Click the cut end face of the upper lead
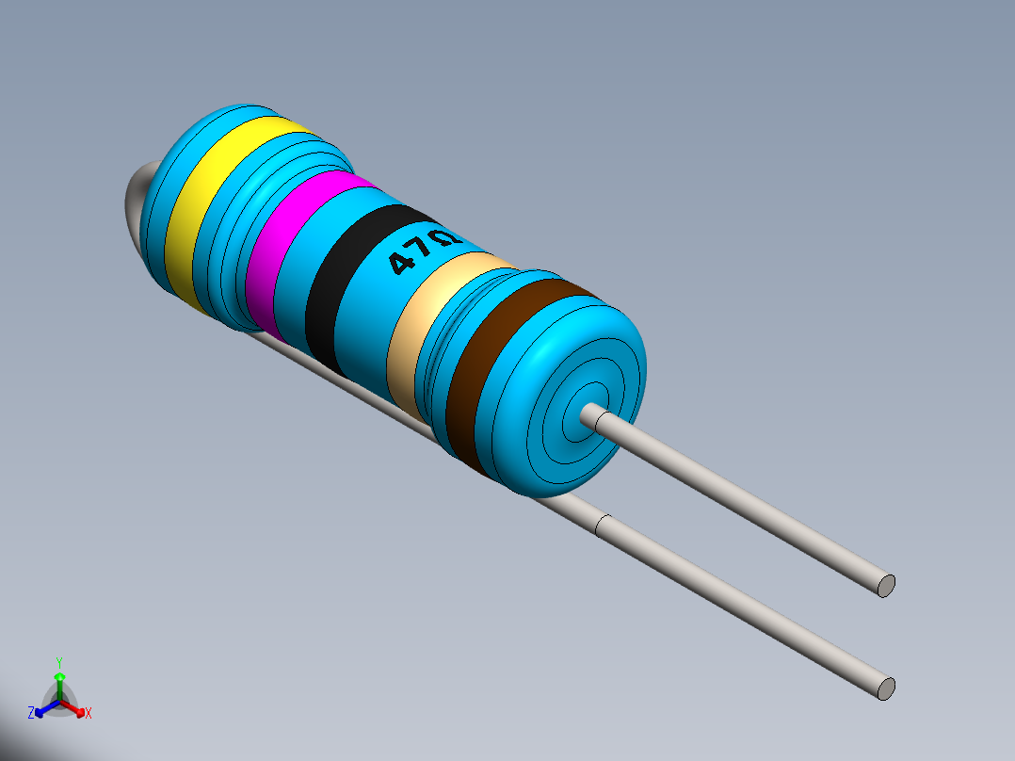coord(885,585)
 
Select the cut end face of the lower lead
coord(885,688)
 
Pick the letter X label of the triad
coord(89,714)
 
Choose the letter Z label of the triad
coord(31,714)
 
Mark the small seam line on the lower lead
coord(602,526)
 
